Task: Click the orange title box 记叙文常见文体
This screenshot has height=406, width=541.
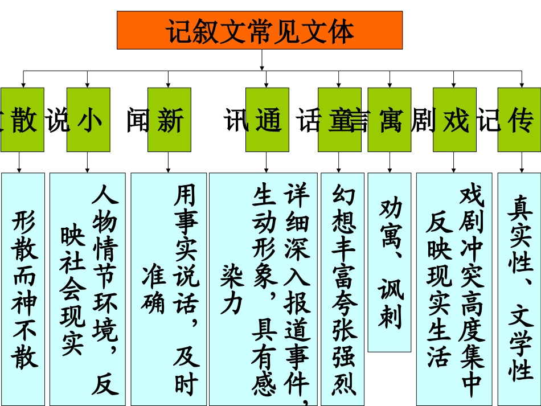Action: (259, 30)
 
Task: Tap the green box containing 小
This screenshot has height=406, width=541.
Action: (88, 120)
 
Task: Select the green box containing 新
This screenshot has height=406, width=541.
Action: (169, 120)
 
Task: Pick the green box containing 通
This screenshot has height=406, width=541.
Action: (267, 120)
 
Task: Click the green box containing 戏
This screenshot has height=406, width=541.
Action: (454, 120)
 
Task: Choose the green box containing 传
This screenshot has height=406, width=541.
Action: (519, 120)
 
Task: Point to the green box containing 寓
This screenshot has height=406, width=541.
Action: (390, 120)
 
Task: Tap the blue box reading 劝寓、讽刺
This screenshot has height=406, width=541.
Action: (390, 262)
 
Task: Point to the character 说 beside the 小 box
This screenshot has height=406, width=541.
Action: (57, 120)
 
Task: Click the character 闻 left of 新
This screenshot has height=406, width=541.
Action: (137, 120)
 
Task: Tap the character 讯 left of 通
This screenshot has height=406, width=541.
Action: (236, 120)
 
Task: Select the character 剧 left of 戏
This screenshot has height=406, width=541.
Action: (422, 120)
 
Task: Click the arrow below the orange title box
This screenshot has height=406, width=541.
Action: (263, 60)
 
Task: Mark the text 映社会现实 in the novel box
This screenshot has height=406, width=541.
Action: (72, 290)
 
